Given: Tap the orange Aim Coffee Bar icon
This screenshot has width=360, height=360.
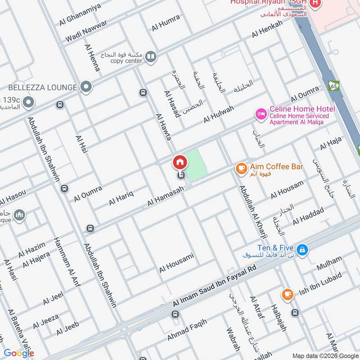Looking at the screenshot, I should (x=241, y=168).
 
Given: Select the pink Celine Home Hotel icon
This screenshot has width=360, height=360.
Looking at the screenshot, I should (x=261, y=114).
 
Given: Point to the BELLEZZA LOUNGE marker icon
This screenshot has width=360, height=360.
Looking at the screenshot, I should (x=85, y=86).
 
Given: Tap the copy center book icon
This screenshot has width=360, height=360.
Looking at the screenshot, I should (x=151, y=57).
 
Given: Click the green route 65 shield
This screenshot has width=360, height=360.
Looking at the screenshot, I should (x=334, y=85).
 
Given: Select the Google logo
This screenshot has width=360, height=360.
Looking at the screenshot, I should (x=18, y=353).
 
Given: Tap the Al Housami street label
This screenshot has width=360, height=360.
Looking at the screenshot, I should (x=176, y=262).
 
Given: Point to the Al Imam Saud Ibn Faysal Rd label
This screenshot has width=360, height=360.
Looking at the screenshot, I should (x=214, y=286).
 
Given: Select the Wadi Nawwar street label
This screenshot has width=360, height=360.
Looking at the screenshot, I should (x=86, y=31).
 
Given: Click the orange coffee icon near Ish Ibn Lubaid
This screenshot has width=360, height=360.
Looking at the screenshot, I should (x=287, y=294).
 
